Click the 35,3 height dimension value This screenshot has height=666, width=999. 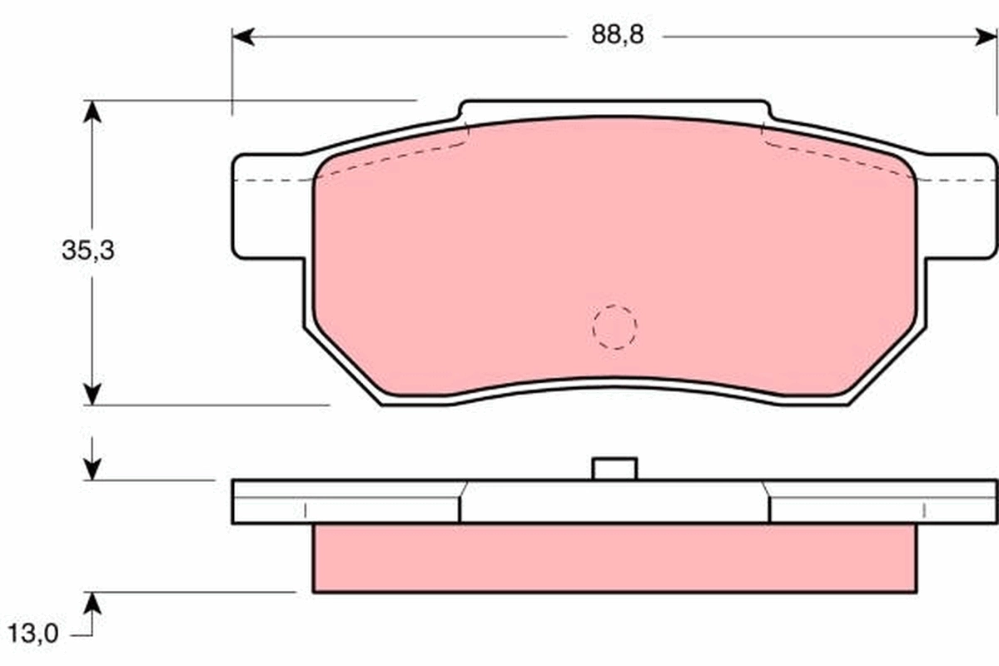[x=87, y=251]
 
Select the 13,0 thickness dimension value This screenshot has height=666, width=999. [x=34, y=634]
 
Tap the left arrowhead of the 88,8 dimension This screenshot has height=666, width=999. [x=242, y=37]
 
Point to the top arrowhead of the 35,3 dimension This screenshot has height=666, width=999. [x=92, y=111]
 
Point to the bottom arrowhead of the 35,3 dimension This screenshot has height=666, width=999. [x=92, y=394]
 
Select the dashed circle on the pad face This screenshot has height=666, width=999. [x=614, y=326]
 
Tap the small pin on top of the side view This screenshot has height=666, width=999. [x=614, y=469]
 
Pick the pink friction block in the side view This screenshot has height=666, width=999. [x=614, y=558]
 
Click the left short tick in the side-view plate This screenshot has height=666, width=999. [x=306, y=509]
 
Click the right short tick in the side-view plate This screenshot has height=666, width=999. [x=924, y=509]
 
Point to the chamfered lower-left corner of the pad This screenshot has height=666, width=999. [x=341, y=366]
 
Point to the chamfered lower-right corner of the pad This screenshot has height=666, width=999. [x=887, y=366]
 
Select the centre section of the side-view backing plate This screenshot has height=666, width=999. [x=614, y=502]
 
